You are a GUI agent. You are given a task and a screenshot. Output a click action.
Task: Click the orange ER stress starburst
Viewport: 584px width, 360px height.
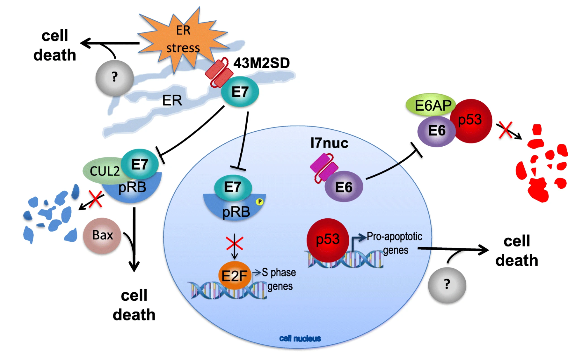point(183,39)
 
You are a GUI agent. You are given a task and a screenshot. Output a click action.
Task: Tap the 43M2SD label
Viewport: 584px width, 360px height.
point(261,63)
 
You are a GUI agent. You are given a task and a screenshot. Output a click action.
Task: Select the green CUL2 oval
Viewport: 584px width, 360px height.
point(102,171)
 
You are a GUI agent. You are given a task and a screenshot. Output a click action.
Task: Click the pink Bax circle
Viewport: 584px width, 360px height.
point(102,235)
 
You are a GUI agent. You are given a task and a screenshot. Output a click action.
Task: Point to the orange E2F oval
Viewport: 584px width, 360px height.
point(234,275)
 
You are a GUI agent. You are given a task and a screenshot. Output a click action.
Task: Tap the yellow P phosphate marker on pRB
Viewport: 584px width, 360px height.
point(260,201)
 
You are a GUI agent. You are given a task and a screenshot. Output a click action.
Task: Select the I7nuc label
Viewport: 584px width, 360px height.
point(329,143)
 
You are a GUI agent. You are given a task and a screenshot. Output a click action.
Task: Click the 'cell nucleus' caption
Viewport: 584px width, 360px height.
point(300,338)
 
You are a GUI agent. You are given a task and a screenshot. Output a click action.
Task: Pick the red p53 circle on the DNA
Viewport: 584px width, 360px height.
point(328,240)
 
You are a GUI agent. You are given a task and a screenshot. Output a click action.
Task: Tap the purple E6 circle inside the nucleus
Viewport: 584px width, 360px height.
point(344,187)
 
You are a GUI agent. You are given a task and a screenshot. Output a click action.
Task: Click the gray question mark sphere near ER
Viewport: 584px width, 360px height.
point(114,78)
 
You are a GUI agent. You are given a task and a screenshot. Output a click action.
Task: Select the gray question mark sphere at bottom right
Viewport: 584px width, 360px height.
point(447,285)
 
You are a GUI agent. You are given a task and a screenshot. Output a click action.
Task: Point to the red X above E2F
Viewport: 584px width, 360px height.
point(234,243)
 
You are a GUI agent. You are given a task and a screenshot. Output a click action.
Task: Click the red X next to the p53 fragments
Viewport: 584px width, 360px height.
point(506,130)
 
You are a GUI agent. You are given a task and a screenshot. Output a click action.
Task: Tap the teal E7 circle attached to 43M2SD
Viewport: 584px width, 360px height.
point(240,92)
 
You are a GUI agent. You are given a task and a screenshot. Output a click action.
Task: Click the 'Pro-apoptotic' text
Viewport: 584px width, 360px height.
point(394,236)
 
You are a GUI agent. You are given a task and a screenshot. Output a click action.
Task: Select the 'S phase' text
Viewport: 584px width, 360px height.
point(279,272)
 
